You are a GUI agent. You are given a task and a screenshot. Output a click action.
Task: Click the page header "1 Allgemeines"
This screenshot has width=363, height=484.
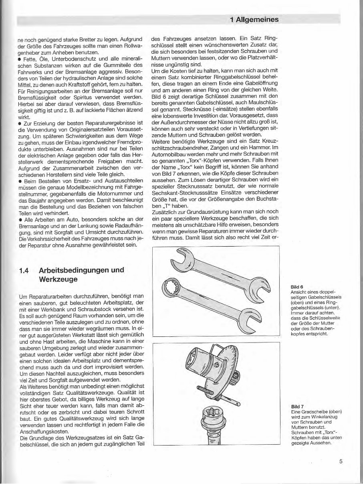point(254,19)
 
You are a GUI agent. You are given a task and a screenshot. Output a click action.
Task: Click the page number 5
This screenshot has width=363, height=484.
point(341,461)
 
